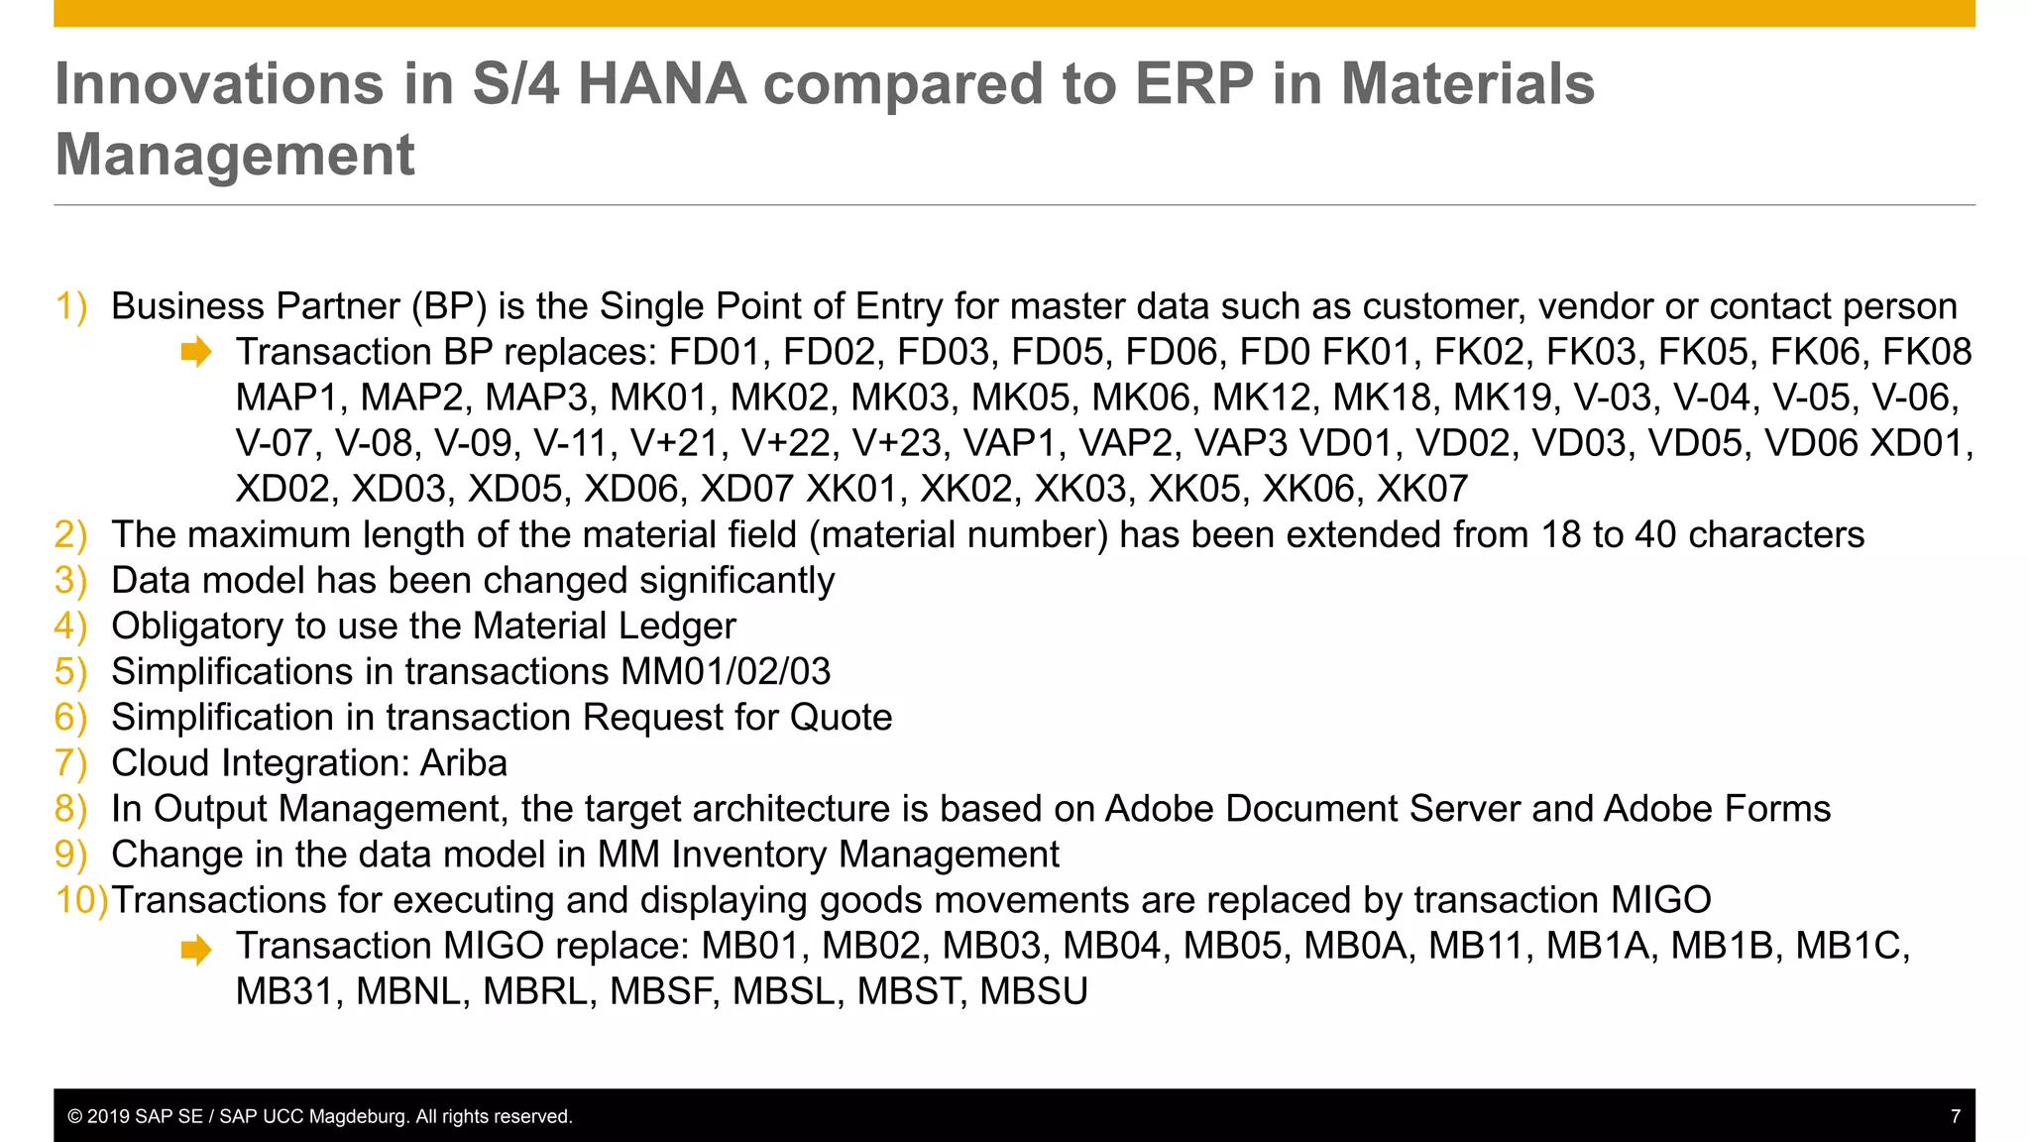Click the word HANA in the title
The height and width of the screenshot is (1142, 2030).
[661, 83]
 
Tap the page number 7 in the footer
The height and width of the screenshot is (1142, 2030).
[1955, 1116]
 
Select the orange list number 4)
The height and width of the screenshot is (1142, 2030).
[70, 627]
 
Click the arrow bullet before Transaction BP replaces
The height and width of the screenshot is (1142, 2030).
[196, 352]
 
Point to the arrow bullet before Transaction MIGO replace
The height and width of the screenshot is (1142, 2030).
[196, 949]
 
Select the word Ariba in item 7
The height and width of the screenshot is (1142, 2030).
[464, 763]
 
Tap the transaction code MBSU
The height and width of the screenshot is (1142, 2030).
[1034, 991]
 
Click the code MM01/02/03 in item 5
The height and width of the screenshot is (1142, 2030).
[726, 672]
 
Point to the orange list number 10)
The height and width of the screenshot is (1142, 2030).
[81, 900]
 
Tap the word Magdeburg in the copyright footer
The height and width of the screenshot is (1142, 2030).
[358, 1116]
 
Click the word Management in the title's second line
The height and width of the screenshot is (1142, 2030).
[235, 155]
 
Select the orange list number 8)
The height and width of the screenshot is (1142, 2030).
[70, 809]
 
